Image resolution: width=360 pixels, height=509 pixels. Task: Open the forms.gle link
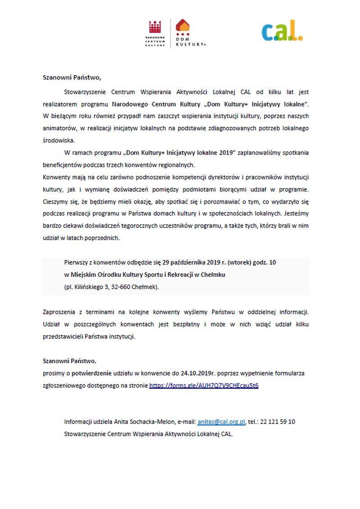tap(204, 386)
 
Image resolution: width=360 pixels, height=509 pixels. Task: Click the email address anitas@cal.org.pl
tap(221, 422)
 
